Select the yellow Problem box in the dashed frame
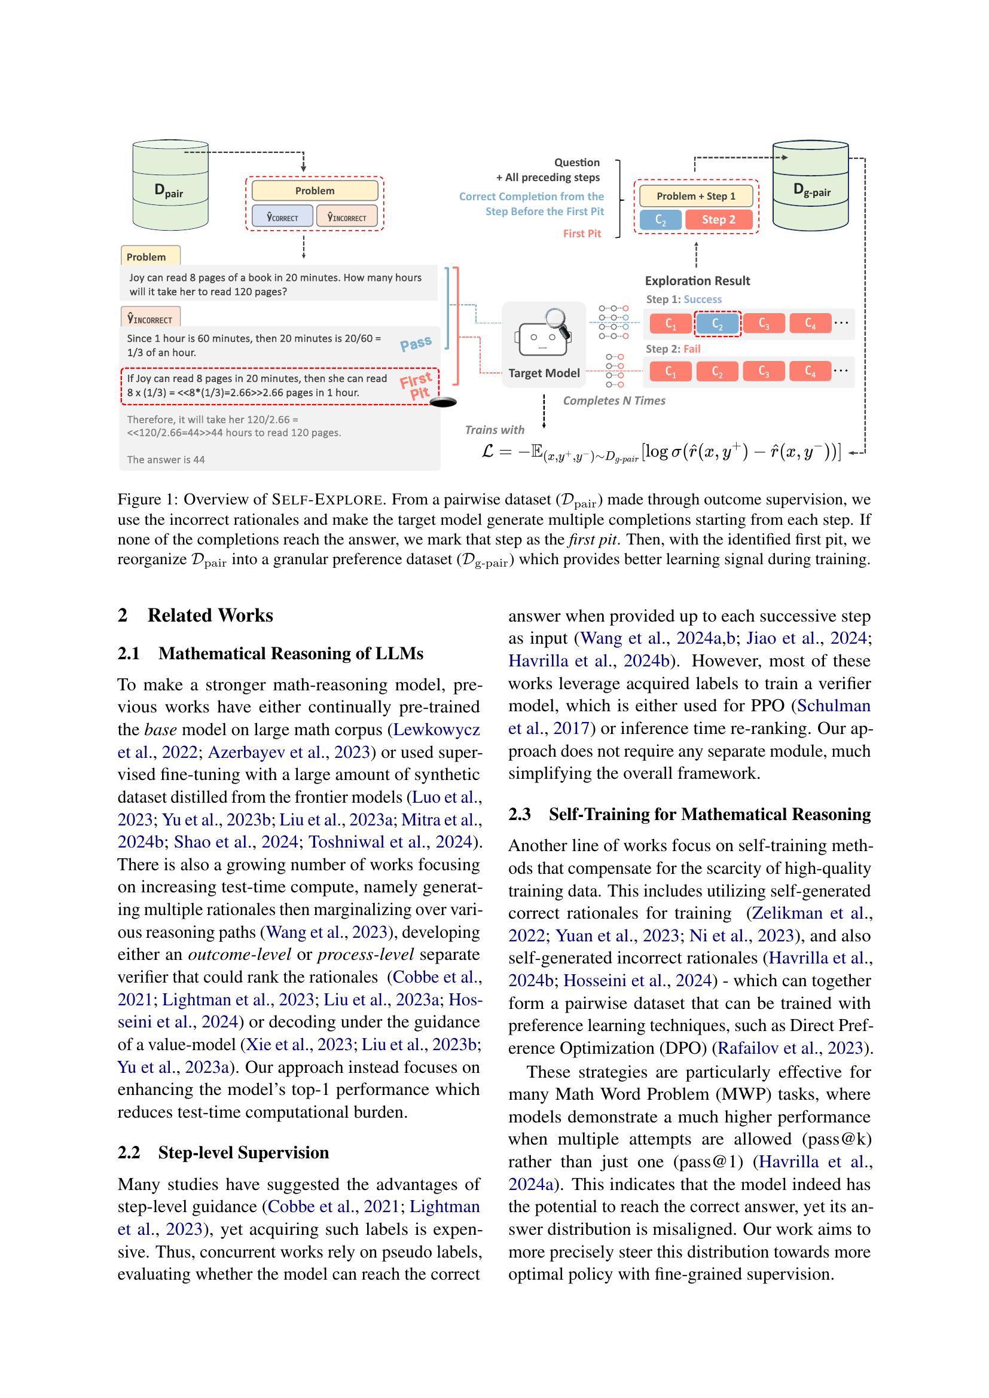pos(315,191)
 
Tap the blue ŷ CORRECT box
pos(283,217)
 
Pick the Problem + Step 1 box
pos(695,196)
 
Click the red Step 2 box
pos(719,219)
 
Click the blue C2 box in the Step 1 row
pos(718,324)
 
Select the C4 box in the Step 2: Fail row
pos(810,371)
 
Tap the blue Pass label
pos(416,344)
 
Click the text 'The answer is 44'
pos(166,460)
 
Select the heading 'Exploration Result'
pos(697,281)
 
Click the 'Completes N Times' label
pos(614,400)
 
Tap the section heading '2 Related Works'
pos(196,615)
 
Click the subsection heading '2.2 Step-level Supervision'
pos(223,1152)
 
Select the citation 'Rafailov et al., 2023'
pos(790,1048)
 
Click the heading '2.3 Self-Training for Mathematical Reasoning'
pos(689,814)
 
